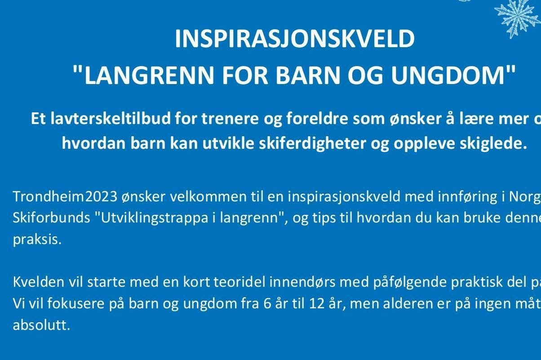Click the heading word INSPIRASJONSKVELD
[x=294, y=40]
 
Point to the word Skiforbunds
[x=50, y=218]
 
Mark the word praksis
[x=36, y=239]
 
